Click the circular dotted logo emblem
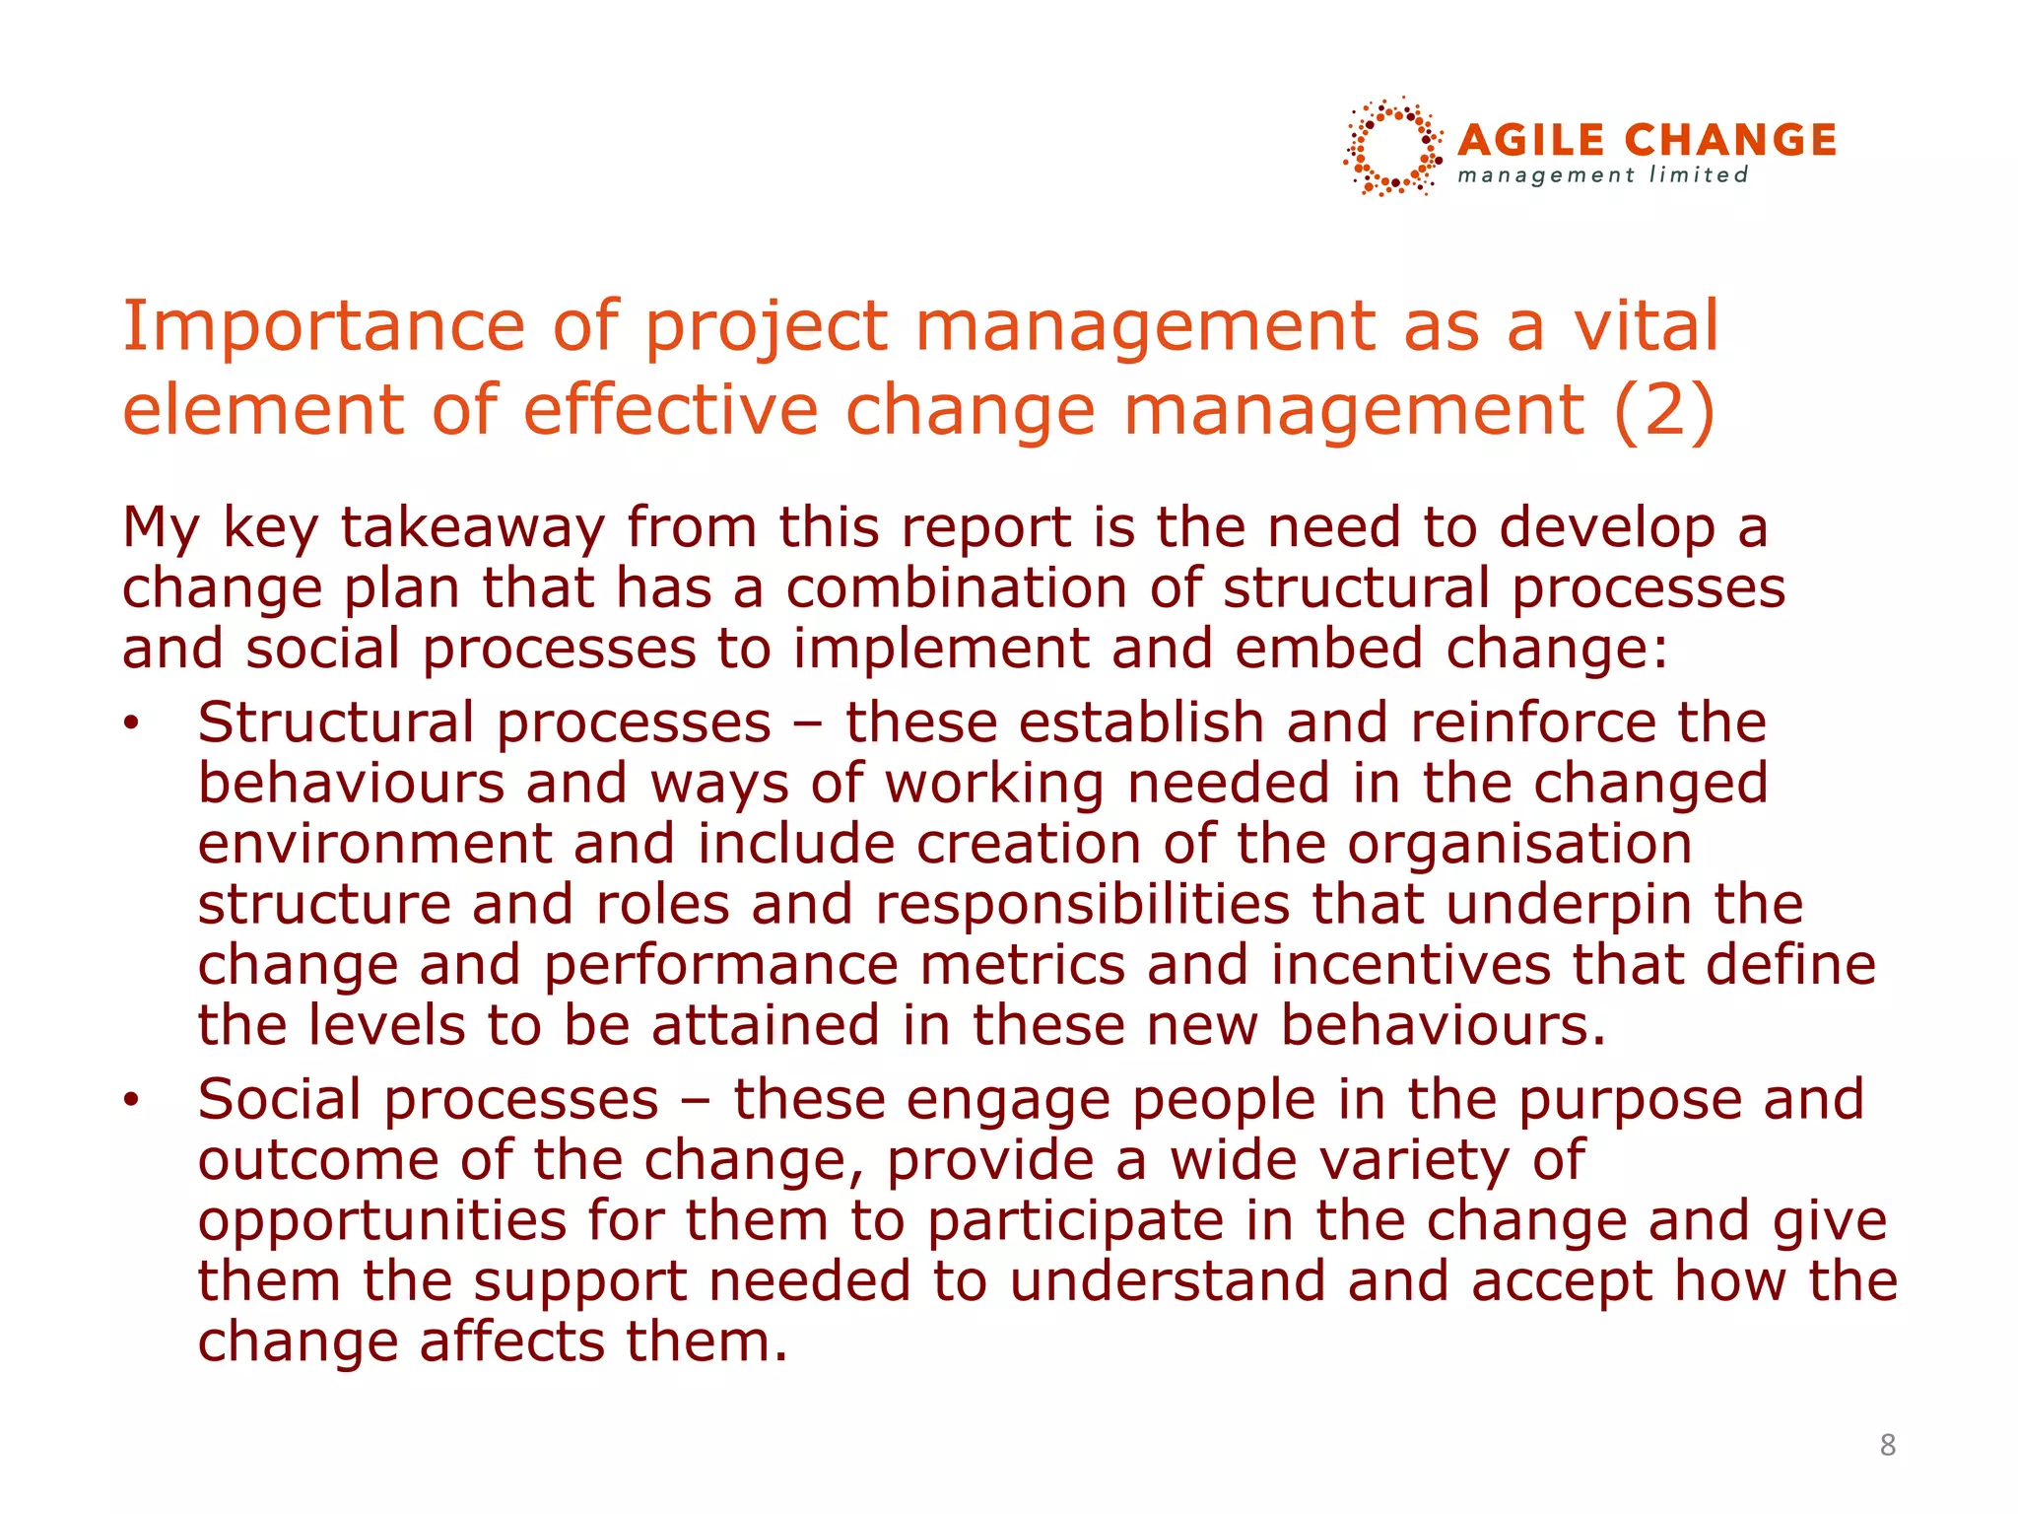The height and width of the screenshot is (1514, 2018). click(x=1392, y=147)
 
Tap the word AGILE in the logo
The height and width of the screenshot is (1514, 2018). click(x=1532, y=140)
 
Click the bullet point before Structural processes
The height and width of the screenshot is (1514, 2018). click(x=132, y=724)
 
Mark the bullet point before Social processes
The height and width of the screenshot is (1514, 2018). click(x=132, y=1101)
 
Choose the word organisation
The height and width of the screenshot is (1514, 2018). click(x=1519, y=844)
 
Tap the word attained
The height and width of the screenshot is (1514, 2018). click(x=766, y=1025)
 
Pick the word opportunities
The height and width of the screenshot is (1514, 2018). click(x=382, y=1221)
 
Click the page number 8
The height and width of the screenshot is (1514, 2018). click(x=1887, y=1445)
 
